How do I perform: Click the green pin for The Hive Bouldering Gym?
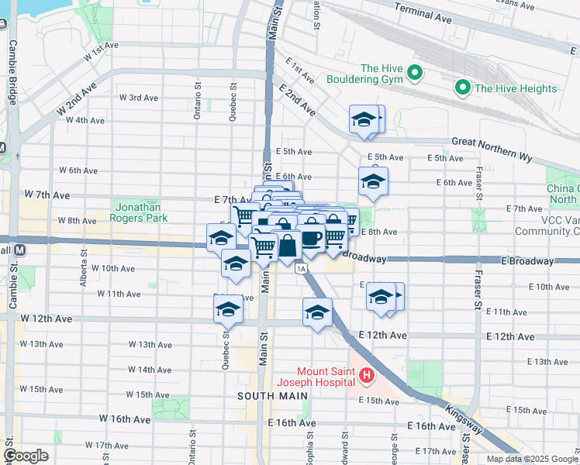click(415, 74)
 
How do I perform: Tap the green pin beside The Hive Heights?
click(464, 88)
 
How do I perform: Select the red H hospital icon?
click(367, 377)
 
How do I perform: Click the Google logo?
click(26, 456)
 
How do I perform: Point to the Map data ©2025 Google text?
click(532, 459)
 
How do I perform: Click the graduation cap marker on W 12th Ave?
click(229, 309)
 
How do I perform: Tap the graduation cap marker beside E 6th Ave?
click(373, 182)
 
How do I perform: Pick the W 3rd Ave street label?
click(139, 98)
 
